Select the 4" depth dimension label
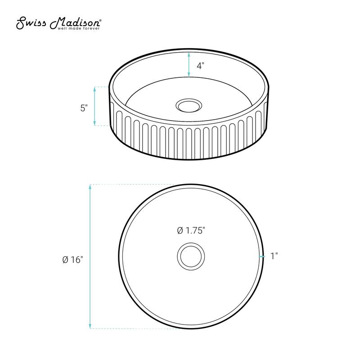point(200,65)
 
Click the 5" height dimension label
point(83,108)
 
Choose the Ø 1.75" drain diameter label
point(191,230)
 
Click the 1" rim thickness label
point(274,256)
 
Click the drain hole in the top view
point(191,256)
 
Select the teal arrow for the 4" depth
point(189,64)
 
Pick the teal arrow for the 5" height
point(94,106)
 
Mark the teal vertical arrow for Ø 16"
point(91,256)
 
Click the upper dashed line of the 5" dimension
point(102,87)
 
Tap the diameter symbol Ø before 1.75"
point(180,230)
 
